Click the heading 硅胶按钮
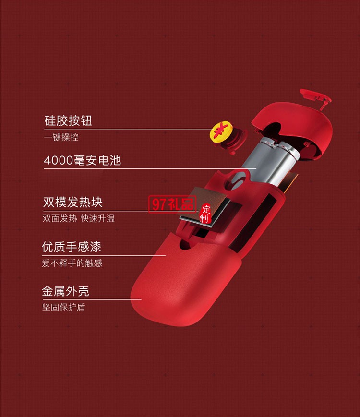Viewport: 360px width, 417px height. coord(68,120)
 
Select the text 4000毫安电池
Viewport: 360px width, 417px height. coord(82,160)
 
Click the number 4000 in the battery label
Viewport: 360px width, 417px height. coord(56,160)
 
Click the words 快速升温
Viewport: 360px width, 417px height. coord(97,219)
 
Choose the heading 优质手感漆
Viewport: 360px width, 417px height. coord(72,248)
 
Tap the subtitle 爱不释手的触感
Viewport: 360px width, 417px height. coord(72,263)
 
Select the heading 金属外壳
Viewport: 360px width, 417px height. coord(66,291)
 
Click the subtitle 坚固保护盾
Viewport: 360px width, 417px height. coord(63,307)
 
